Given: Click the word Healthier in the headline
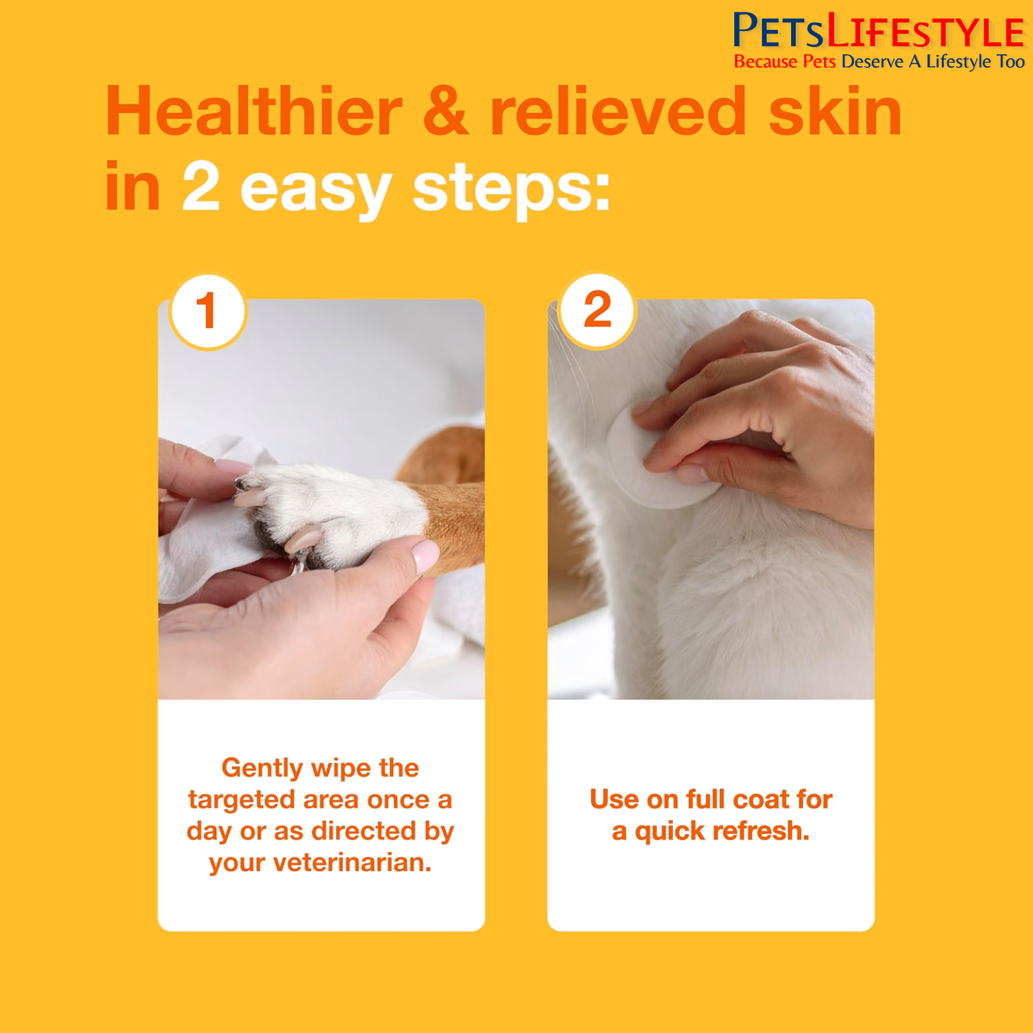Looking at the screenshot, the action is click(x=254, y=112).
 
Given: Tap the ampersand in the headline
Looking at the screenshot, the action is click(x=446, y=112).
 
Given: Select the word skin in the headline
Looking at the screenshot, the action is click(x=835, y=112).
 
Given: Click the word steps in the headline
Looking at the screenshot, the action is click(x=511, y=190).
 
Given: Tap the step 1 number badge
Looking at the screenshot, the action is click(x=208, y=311).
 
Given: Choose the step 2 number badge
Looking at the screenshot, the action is click(x=597, y=311).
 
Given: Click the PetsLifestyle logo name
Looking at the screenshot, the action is click(x=878, y=31).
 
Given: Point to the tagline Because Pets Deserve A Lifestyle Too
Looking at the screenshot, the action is click(x=879, y=61).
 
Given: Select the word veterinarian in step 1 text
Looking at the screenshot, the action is click(x=352, y=862).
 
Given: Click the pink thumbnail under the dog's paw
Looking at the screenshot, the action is click(x=425, y=555).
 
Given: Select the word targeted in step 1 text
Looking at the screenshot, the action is click(x=241, y=800).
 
